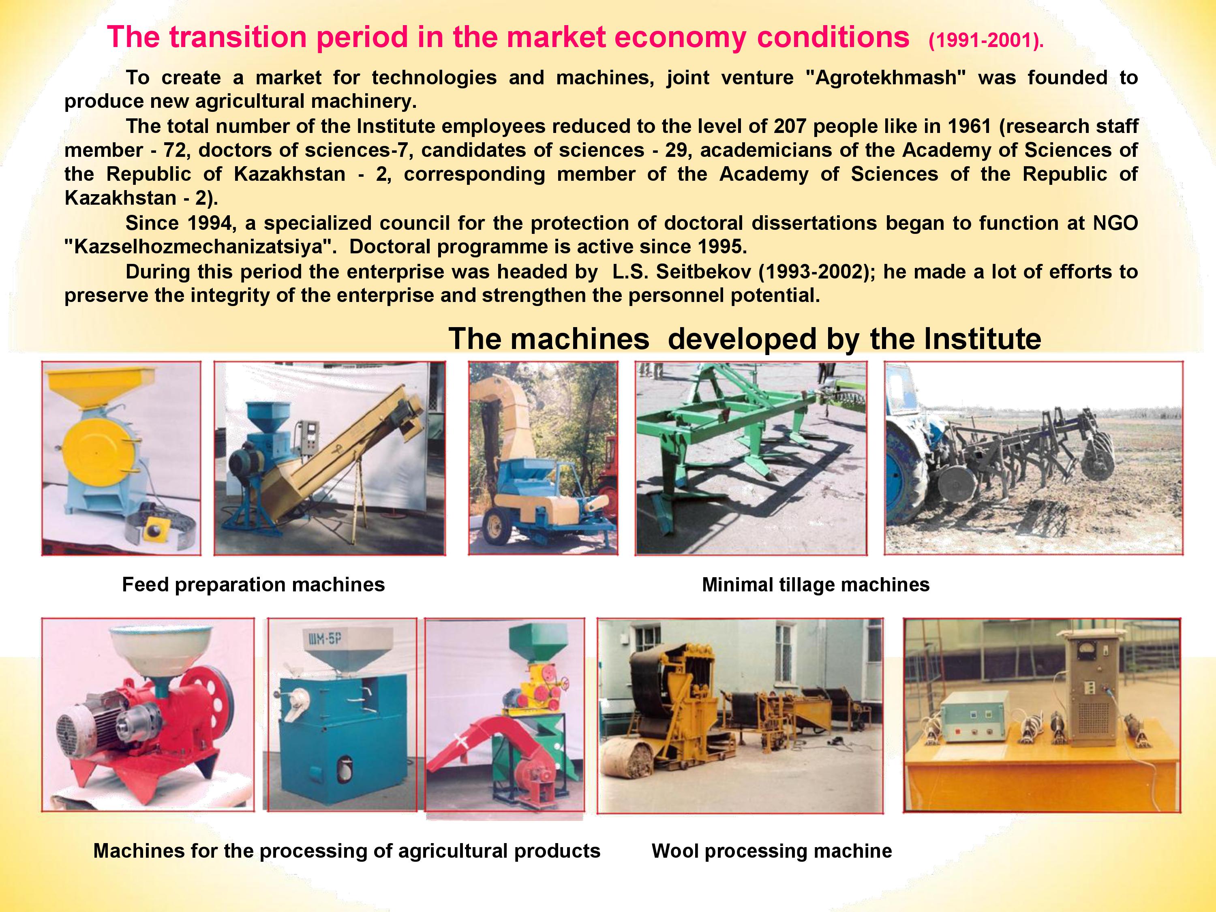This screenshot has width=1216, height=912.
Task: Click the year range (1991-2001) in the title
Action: pyautogui.click(x=986, y=41)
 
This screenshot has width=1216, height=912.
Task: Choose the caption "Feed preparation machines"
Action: pyautogui.click(x=253, y=584)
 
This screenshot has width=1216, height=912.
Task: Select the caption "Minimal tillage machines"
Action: pyautogui.click(x=816, y=584)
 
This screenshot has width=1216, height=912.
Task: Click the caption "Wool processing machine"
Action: pyautogui.click(x=772, y=851)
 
